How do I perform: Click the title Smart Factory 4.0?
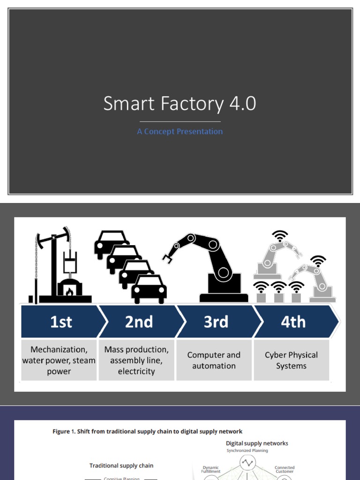[x=180, y=104]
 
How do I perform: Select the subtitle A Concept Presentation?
[x=180, y=132]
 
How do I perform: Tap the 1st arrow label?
[x=61, y=322]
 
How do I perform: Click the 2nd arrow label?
[x=139, y=322]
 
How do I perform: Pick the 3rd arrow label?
[x=216, y=322]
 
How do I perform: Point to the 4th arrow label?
[x=293, y=322]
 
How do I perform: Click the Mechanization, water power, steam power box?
[x=59, y=360]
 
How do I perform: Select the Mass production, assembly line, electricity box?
[x=136, y=360]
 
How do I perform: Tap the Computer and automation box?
[x=214, y=360]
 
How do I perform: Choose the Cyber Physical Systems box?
[x=291, y=360]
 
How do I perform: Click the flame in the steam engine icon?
[x=69, y=292]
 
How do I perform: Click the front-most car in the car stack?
[x=149, y=289]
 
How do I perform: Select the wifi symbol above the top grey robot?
[x=280, y=235]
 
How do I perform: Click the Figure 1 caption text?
[x=147, y=431]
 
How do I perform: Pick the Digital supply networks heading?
[x=257, y=443]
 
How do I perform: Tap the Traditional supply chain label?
[x=121, y=465]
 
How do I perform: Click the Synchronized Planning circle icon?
[x=247, y=463]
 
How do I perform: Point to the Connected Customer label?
[x=285, y=470]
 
